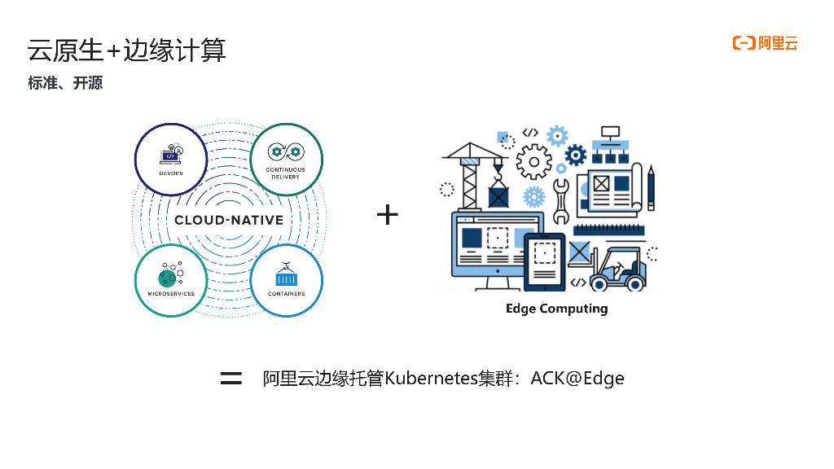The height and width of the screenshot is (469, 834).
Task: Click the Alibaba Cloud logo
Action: pos(765,43)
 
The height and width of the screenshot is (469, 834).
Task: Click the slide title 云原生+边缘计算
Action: pos(126,50)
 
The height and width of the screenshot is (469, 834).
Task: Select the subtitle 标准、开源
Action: pos(65,83)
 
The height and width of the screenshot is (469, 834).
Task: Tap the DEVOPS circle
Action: pos(171,159)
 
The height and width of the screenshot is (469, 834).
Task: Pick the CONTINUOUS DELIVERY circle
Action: pos(286,159)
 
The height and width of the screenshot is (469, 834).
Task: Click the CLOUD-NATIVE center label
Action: pos(229,220)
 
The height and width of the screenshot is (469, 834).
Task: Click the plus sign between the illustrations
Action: pos(388,215)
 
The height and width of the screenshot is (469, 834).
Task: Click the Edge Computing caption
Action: pos(556,309)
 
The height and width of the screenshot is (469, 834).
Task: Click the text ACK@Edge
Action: pos(577,379)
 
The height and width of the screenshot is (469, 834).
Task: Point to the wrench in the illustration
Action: pos(561,201)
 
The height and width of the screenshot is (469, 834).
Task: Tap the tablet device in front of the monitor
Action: pos(544,261)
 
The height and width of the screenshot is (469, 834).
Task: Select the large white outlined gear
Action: pos(534,160)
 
